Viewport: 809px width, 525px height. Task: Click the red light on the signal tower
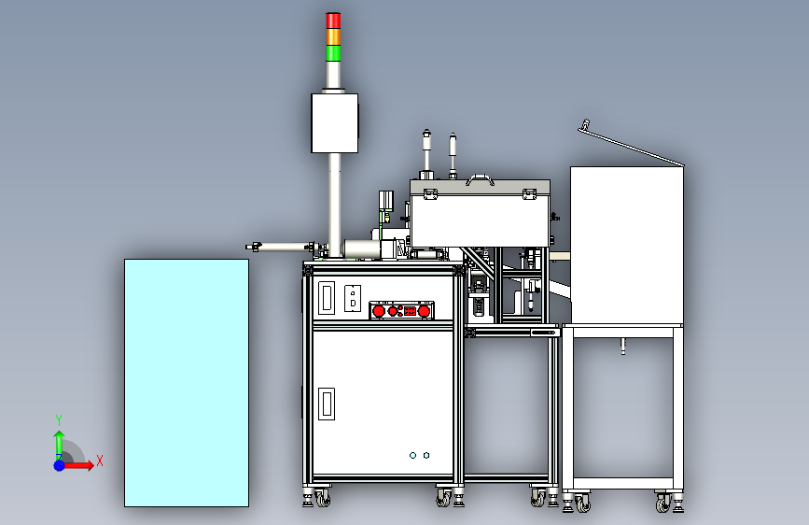(x=333, y=21)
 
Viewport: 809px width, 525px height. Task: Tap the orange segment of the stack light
(x=333, y=36)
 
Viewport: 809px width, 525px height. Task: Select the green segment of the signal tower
(x=333, y=52)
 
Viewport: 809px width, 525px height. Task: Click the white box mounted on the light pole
(x=334, y=121)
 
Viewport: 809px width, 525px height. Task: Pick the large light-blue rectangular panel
(x=187, y=383)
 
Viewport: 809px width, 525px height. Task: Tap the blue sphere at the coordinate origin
(x=59, y=464)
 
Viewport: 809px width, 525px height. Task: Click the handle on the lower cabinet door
(x=327, y=404)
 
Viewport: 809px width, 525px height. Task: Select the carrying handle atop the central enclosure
(x=481, y=177)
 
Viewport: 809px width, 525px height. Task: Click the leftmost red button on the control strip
(x=380, y=310)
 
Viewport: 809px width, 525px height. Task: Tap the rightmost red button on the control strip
(x=424, y=310)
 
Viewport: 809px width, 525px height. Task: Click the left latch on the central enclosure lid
(x=430, y=194)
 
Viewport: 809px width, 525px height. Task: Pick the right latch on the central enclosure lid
(x=529, y=194)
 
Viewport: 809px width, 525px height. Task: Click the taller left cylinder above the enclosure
(x=427, y=149)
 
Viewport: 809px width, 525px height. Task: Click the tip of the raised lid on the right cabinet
(x=584, y=125)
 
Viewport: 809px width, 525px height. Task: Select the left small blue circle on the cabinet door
(x=412, y=455)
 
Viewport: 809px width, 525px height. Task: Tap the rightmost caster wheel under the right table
(x=663, y=504)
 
